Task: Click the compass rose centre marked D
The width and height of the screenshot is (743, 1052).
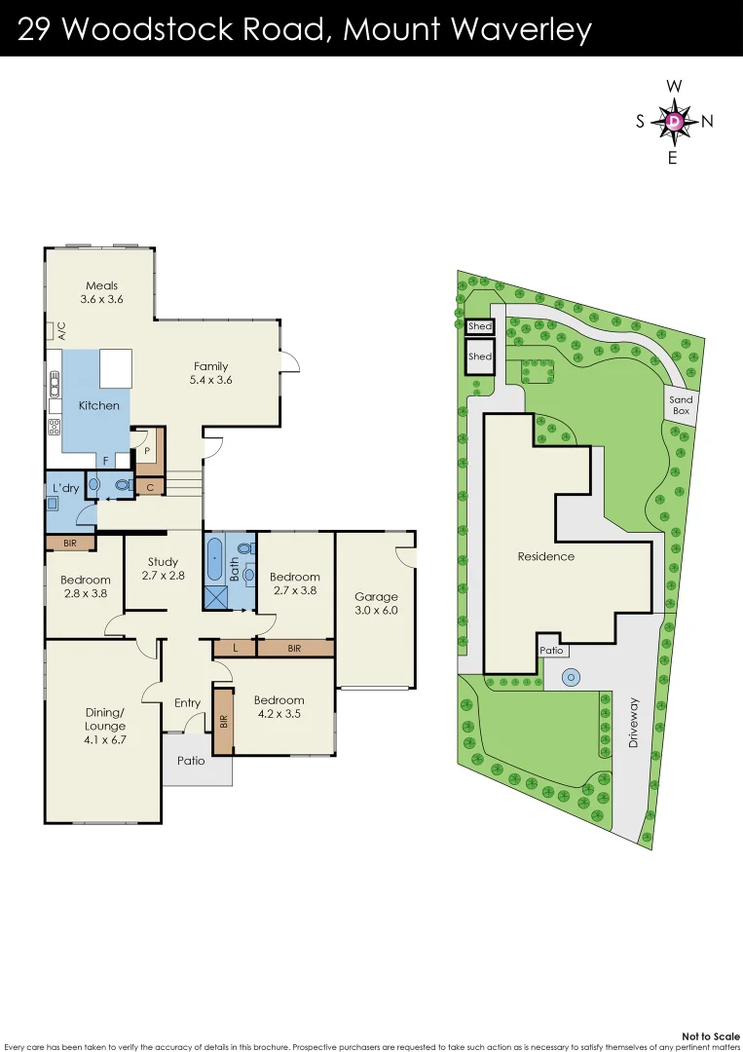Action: (x=674, y=121)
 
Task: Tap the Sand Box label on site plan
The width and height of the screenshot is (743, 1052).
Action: (x=681, y=405)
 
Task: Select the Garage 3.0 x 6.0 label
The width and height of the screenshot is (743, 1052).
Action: (x=376, y=604)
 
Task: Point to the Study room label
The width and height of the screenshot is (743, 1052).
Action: (x=163, y=568)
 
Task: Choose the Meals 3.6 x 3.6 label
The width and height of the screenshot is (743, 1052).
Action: (x=101, y=292)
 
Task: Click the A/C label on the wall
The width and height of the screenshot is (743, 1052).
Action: (x=60, y=330)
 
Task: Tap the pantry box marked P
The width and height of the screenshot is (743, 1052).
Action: (x=147, y=451)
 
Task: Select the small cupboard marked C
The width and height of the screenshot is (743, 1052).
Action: (x=150, y=486)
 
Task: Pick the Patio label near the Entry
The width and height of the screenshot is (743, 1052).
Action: (x=192, y=760)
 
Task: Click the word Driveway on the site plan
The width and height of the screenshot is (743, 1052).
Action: (x=635, y=722)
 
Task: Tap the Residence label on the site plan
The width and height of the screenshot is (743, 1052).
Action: (x=545, y=556)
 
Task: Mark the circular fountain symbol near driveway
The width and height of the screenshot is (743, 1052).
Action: (x=571, y=676)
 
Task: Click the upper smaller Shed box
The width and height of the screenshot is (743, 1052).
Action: (x=480, y=327)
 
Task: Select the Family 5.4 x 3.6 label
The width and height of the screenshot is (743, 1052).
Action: (x=211, y=373)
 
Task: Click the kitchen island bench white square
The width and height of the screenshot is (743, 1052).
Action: (x=115, y=368)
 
